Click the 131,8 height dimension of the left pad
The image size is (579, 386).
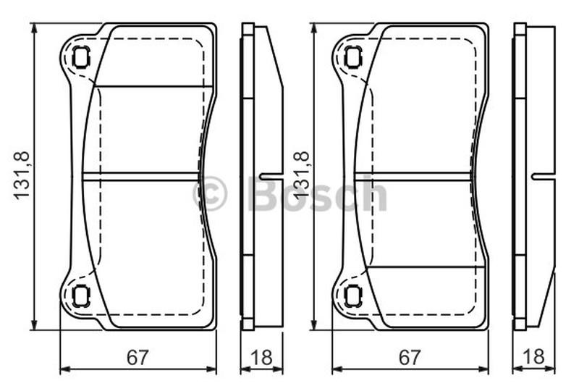click(x=22, y=176)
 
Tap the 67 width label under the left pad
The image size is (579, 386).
click(x=138, y=357)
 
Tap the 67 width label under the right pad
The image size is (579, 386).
click(x=410, y=357)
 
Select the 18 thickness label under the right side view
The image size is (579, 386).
click(x=533, y=357)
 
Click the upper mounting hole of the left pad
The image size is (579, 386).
click(x=81, y=58)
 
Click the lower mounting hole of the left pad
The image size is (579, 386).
click(x=81, y=297)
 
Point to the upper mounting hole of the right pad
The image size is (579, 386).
click(x=353, y=58)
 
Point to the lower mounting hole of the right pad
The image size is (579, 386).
click(x=353, y=297)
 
